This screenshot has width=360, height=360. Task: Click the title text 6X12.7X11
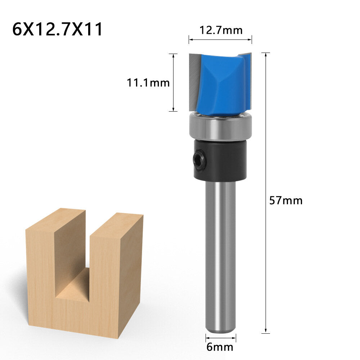click(58, 29)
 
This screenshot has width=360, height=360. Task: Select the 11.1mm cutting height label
click(148, 83)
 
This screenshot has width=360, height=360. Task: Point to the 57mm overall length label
click(286, 201)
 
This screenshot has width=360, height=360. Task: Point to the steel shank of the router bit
click(220, 252)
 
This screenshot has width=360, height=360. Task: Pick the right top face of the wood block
click(117, 223)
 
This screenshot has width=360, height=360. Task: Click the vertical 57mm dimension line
click(266, 144)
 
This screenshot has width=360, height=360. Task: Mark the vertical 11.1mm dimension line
click(174, 83)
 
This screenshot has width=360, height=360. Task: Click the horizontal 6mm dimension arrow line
click(221, 338)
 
